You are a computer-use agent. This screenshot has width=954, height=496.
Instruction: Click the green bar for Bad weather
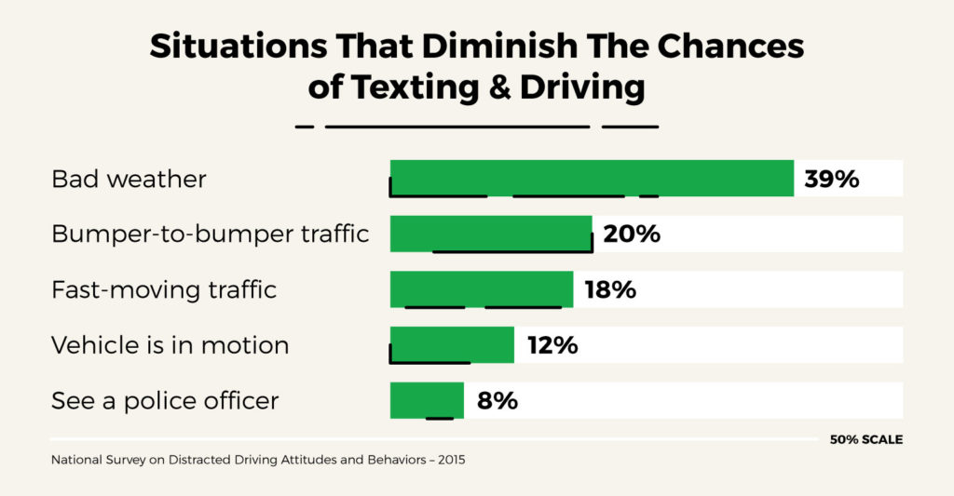(592, 178)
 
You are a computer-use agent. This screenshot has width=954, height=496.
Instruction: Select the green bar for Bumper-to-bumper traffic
(491, 234)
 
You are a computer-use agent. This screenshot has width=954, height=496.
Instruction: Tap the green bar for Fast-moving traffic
(481, 289)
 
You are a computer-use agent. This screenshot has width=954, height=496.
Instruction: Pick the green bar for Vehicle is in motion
(452, 344)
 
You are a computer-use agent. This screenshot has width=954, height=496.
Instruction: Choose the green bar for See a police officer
(427, 400)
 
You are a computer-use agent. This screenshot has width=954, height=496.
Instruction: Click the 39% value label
(831, 179)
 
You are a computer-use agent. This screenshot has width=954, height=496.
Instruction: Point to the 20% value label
(632, 235)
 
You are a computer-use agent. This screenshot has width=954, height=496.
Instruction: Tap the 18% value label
(610, 289)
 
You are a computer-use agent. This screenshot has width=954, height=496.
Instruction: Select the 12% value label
(552, 345)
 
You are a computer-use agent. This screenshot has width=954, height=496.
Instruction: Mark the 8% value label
(497, 401)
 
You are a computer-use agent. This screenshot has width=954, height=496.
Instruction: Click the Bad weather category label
(129, 179)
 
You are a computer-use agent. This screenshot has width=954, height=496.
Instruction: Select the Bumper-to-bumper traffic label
(210, 235)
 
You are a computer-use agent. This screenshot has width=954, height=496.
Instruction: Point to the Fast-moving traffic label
(164, 289)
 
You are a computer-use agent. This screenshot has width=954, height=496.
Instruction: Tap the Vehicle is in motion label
(170, 345)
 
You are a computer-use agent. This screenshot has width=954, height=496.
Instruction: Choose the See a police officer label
(165, 401)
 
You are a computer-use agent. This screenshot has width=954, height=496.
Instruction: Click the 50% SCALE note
(865, 439)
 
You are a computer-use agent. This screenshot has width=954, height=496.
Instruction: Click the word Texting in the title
(420, 87)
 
